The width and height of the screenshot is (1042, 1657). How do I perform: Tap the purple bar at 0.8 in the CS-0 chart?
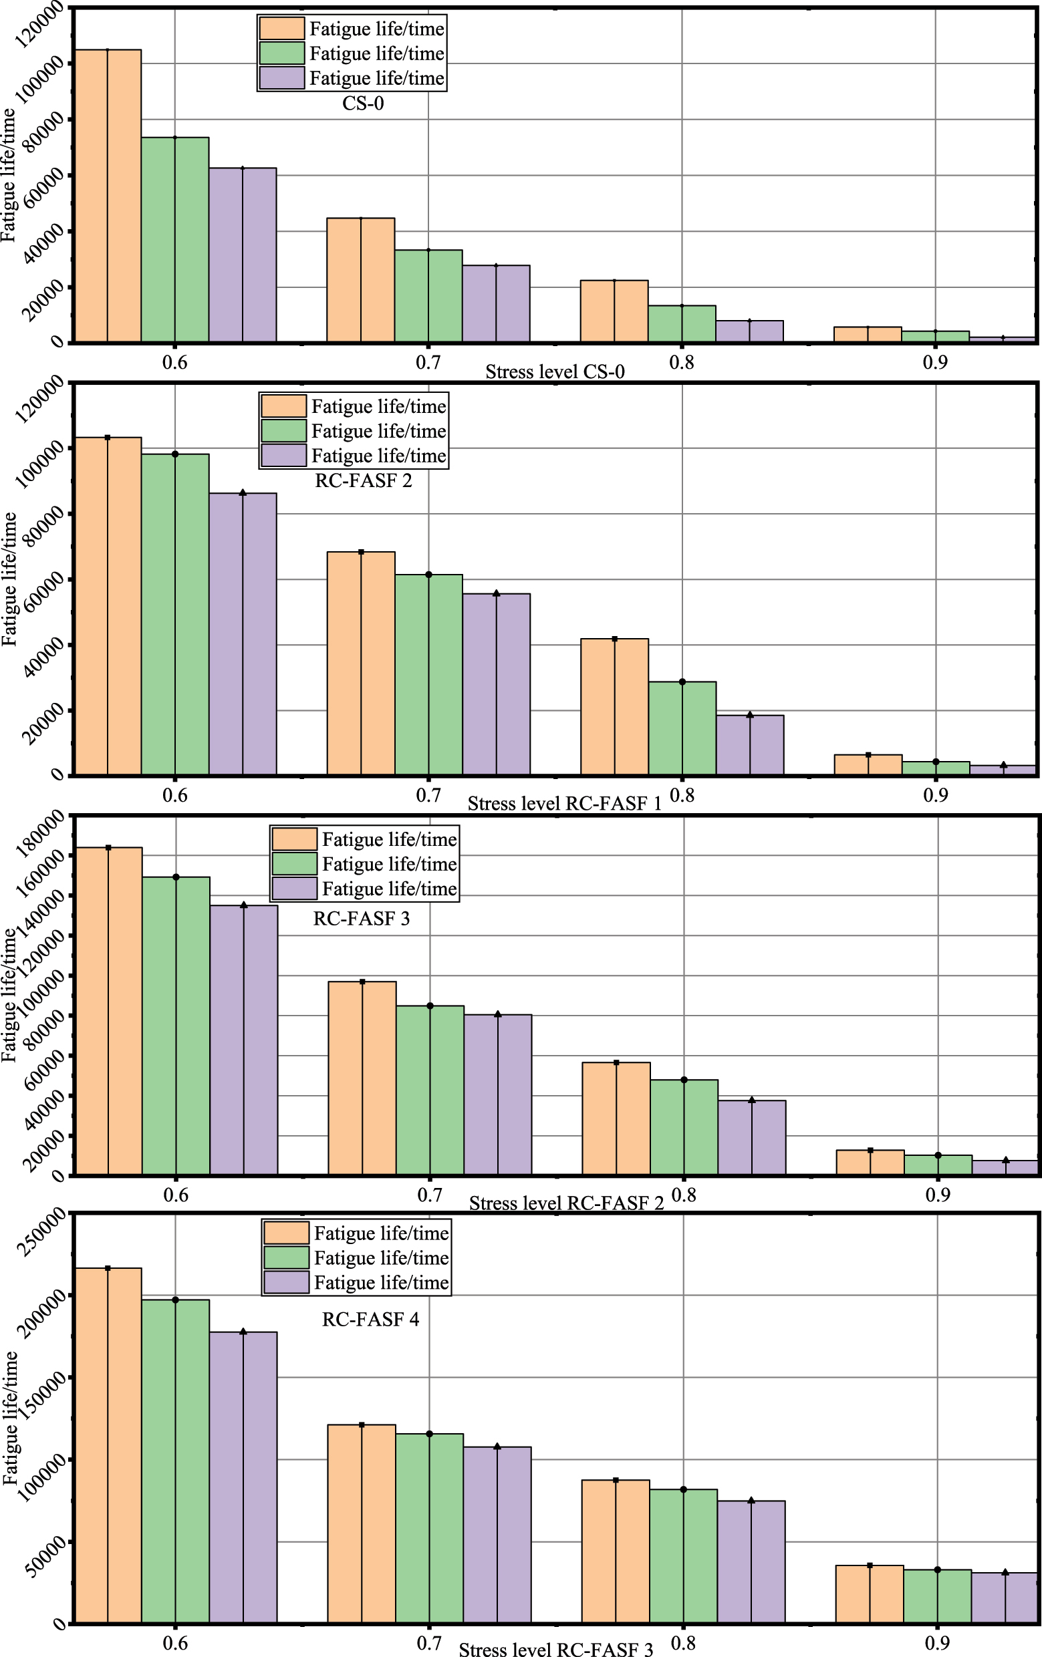click(749, 331)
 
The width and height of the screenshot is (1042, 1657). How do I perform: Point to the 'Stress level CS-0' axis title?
click(555, 372)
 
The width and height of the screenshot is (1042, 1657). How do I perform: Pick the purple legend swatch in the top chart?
click(282, 78)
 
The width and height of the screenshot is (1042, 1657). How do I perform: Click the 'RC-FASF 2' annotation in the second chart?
click(364, 480)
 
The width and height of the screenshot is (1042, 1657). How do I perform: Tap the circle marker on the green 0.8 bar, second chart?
click(682, 682)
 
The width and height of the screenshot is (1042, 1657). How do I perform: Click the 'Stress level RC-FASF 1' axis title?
click(564, 804)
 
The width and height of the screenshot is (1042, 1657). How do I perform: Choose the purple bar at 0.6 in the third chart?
click(244, 1039)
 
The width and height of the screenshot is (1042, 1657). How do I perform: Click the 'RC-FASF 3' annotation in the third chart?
click(362, 919)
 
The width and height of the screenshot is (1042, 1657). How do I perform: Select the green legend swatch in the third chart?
click(295, 864)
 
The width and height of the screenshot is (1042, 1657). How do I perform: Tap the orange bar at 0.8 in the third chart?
click(616, 1118)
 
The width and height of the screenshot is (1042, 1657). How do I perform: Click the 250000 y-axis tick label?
click(43, 1235)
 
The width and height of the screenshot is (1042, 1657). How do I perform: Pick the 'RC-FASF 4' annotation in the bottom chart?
click(370, 1319)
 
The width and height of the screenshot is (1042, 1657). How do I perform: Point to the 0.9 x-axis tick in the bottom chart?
click(936, 1643)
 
